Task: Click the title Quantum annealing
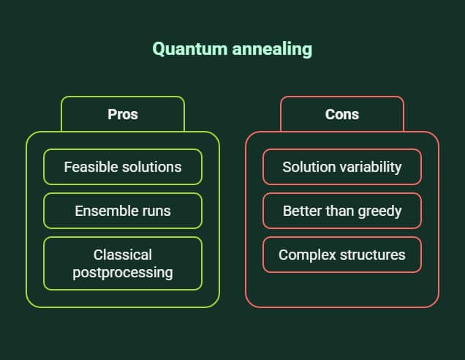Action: (x=232, y=49)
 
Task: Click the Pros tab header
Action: (x=123, y=114)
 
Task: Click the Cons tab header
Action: (x=342, y=114)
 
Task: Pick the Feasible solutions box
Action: (x=123, y=167)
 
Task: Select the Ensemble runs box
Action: (x=123, y=211)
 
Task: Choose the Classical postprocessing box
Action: (x=123, y=263)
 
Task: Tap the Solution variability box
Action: (x=342, y=167)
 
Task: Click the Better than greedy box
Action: (x=342, y=211)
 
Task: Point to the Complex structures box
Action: (x=342, y=255)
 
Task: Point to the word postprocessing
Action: (x=123, y=273)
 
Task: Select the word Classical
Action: (x=123, y=255)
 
